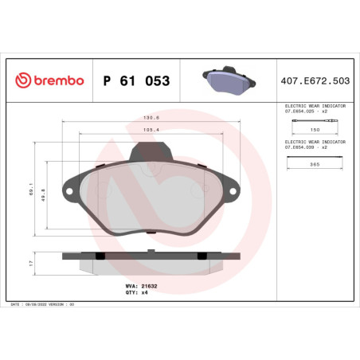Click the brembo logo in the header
pos(49,81)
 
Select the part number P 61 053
pos(137,81)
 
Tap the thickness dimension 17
pos(29,261)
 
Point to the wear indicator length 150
pos(315,129)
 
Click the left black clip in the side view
pos(99,256)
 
